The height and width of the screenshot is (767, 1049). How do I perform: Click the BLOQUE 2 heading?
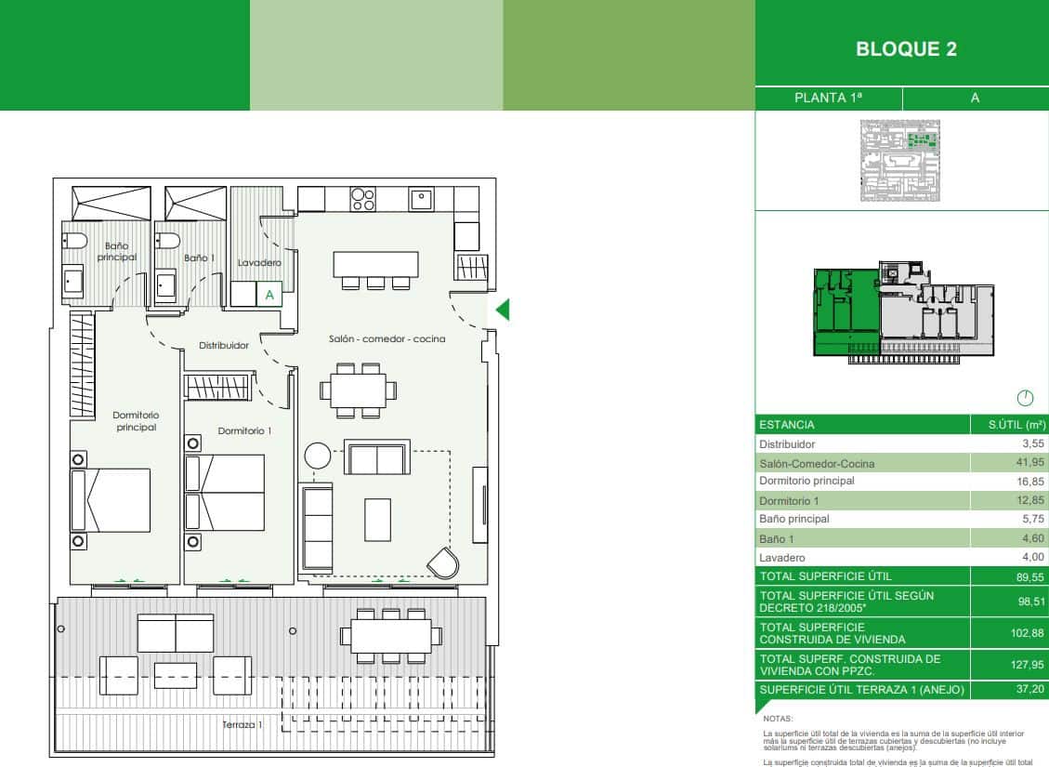pos(906,50)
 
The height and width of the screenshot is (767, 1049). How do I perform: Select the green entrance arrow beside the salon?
pos(503,310)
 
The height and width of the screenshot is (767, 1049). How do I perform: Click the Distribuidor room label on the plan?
pos(224,345)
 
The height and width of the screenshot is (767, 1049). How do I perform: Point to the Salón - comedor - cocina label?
pos(387,339)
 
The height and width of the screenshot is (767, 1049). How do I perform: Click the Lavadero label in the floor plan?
pos(259,263)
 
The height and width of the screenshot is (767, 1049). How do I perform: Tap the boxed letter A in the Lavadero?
pos(269,295)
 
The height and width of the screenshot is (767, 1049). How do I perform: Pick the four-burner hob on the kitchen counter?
pos(362,200)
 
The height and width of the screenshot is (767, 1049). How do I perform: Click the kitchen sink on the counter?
pos(421,199)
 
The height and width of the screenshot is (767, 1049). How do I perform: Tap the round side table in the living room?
pos(318,456)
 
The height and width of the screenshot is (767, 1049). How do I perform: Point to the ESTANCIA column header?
pos(787,425)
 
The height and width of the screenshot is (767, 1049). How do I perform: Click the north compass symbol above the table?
pos(1025,398)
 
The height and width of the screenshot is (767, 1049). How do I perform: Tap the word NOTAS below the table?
pos(777,720)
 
